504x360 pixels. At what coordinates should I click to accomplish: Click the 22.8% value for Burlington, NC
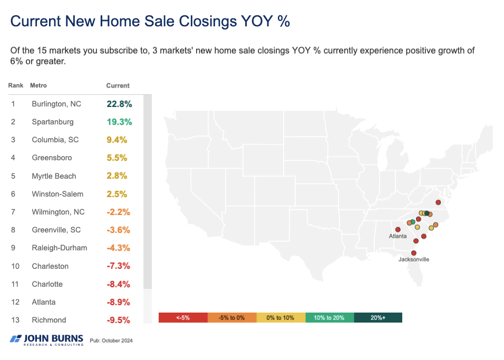coord(119,104)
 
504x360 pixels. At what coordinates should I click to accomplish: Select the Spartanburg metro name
coord(52,122)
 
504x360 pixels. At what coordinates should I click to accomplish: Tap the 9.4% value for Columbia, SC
coord(117,140)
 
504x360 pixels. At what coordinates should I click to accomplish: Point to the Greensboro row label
coord(52,158)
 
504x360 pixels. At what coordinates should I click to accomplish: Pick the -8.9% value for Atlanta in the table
coord(118,302)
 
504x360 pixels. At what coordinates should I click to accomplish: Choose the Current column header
coord(118,85)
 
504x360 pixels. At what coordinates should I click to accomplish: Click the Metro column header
coord(38,85)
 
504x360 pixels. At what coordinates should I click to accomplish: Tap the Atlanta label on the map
coord(398,236)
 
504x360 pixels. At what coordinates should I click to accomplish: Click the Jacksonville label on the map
coord(414,259)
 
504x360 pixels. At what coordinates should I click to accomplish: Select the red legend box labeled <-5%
coord(183,318)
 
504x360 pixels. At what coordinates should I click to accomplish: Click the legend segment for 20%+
coord(378,318)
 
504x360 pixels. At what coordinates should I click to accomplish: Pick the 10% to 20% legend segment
coord(329,318)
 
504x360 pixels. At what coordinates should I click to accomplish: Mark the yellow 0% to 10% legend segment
coord(280,318)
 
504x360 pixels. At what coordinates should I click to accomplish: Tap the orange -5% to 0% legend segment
coord(232,318)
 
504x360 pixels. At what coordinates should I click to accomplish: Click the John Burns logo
coord(46,339)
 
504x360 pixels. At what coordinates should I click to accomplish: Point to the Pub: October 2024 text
coord(111,340)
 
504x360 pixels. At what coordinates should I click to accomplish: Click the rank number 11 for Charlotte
coord(14,284)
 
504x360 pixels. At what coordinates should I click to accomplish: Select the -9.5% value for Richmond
coord(118,320)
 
